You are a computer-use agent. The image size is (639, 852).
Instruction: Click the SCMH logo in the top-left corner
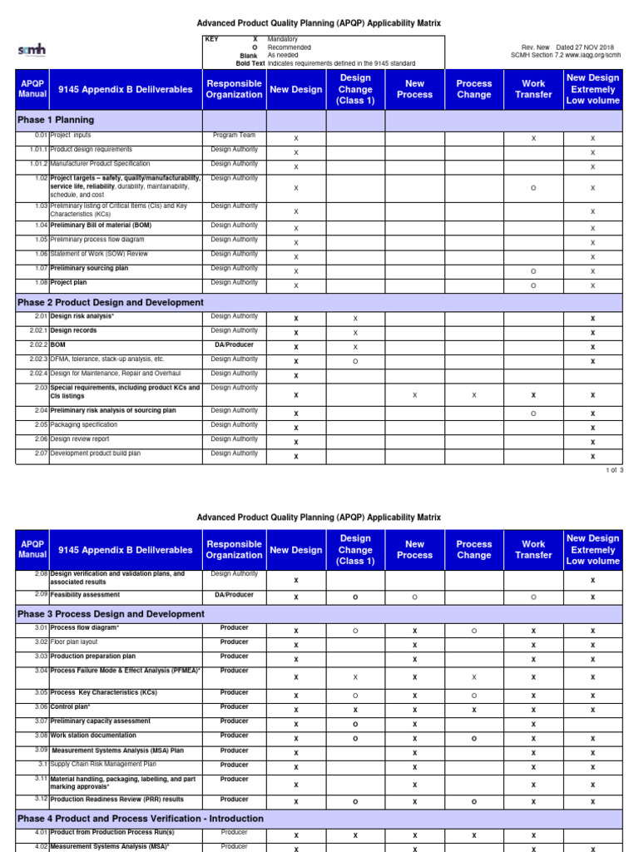click(32, 51)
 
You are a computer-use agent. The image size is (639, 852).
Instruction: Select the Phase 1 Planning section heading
click(56, 120)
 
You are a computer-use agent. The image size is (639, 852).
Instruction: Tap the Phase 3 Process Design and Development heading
click(111, 614)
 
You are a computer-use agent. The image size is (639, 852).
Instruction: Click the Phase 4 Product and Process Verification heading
click(140, 819)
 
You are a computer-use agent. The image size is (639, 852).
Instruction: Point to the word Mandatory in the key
click(284, 39)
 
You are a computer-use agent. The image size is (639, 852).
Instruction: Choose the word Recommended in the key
click(289, 47)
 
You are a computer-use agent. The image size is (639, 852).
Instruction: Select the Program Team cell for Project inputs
click(234, 135)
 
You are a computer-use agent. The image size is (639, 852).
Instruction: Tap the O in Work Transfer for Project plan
click(533, 285)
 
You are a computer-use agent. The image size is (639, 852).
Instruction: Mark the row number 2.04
click(41, 411)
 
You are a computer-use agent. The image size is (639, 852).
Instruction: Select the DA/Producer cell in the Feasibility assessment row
click(234, 595)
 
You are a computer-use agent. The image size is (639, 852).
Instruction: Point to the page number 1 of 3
click(615, 470)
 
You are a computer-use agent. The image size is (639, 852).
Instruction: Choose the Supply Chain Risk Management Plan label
click(103, 765)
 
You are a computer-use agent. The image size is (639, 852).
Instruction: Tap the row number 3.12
click(41, 799)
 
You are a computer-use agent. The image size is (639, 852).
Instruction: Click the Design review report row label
click(79, 439)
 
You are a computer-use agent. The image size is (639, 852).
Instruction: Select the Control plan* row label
click(70, 707)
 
